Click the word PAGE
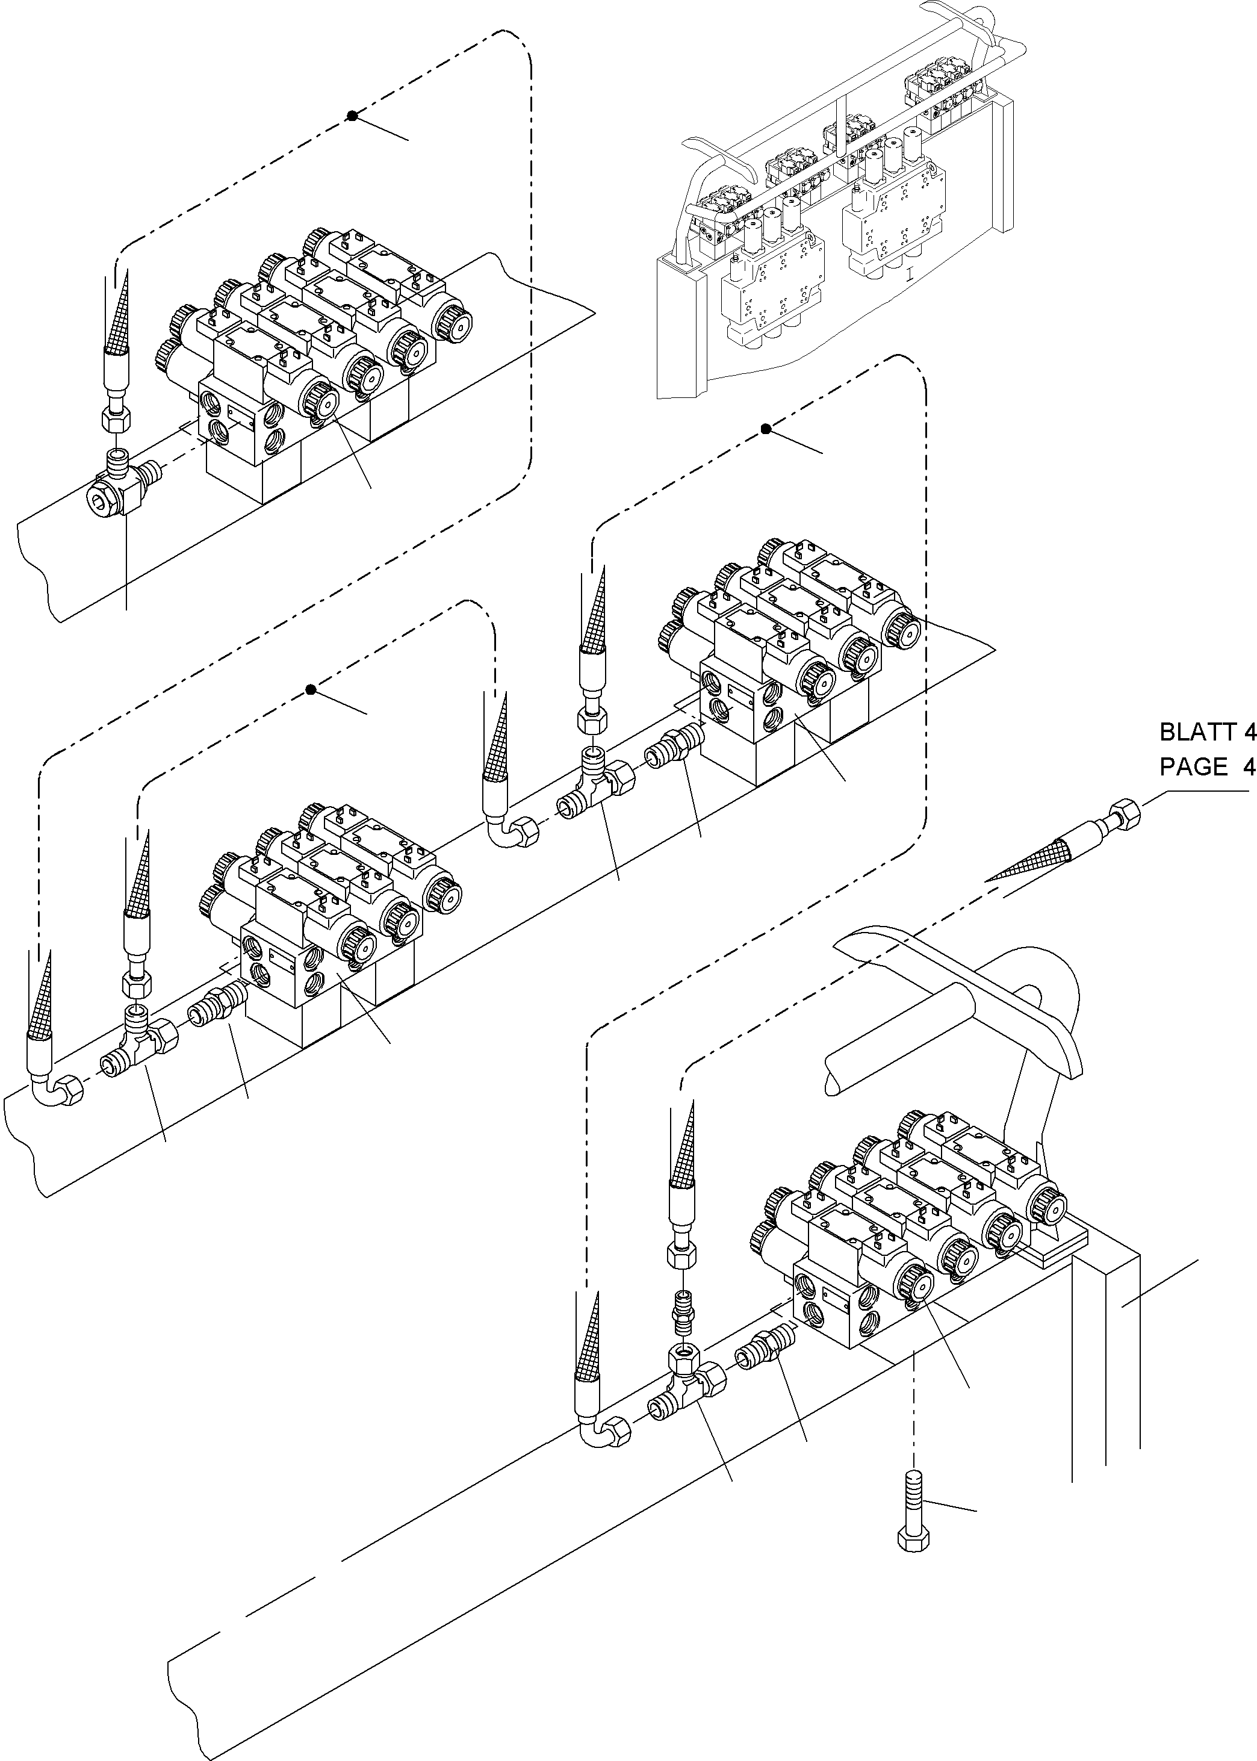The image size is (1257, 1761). click(1194, 767)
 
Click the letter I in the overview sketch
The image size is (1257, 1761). click(910, 273)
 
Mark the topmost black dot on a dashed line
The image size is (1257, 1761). click(352, 116)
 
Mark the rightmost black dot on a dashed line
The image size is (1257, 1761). click(766, 429)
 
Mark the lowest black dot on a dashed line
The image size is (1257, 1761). click(311, 690)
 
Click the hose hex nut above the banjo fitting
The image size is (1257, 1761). click(116, 420)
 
